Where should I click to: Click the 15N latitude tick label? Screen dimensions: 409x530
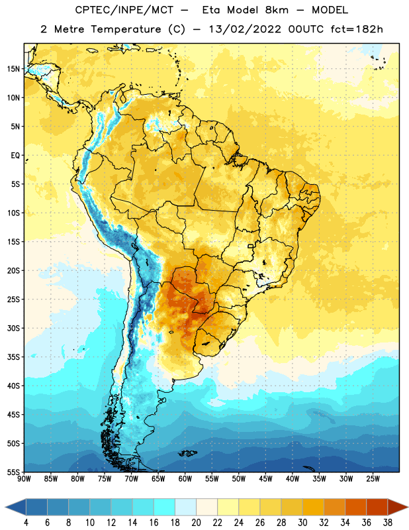click(x=13, y=69)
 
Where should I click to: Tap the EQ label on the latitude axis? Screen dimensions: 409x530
click(x=15, y=156)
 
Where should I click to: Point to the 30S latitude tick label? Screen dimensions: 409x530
click(x=13, y=328)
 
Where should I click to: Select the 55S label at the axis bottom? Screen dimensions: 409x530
click(x=13, y=472)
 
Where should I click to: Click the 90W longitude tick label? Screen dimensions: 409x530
click(x=24, y=478)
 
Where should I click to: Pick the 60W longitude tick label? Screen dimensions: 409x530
click(x=185, y=478)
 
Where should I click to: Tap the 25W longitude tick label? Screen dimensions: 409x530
click(x=373, y=478)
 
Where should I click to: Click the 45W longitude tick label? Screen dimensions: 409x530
click(x=265, y=478)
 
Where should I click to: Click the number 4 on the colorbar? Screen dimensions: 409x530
click(x=26, y=523)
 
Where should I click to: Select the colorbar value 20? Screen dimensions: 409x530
click(x=196, y=523)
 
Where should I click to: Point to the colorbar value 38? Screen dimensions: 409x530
click(x=388, y=523)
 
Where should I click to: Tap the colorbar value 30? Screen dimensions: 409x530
click(x=302, y=523)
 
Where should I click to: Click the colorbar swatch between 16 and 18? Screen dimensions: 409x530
click(x=165, y=507)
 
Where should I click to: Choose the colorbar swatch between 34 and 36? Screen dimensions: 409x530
click(x=356, y=507)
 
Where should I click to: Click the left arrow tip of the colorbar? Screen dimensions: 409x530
click(x=5, y=507)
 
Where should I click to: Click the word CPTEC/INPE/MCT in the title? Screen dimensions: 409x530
click(x=124, y=10)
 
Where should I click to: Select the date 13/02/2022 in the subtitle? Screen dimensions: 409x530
click(x=245, y=29)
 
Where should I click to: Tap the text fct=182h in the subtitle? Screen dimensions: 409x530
click(x=357, y=29)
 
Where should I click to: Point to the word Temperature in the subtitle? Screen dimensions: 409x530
click(x=126, y=30)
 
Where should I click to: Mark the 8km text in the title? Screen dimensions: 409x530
click(x=277, y=10)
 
